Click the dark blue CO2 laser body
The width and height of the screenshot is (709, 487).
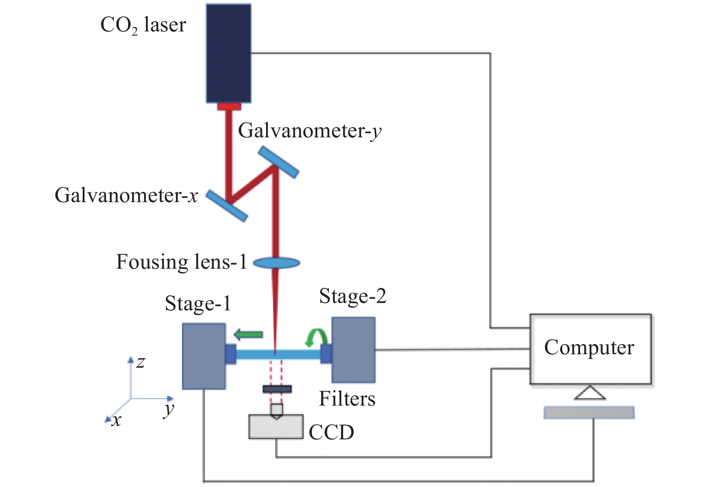pyautogui.click(x=229, y=53)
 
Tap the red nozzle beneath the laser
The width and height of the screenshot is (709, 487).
pyautogui.click(x=229, y=107)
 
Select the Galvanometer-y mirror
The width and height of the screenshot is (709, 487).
pyautogui.click(x=279, y=162)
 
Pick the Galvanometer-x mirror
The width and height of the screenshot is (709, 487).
pyautogui.click(x=226, y=205)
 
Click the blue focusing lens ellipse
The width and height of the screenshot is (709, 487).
pyautogui.click(x=276, y=263)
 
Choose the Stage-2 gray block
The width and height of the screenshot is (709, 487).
pyautogui.click(x=353, y=350)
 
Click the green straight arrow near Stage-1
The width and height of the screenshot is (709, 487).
pyautogui.click(x=248, y=334)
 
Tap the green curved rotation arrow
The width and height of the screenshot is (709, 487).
pyautogui.click(x=316, y=337)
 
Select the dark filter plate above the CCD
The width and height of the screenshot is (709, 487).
pyautogui.click(x=277, y=389)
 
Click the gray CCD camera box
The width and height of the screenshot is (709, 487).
pyautogui.click(x=276, y=427)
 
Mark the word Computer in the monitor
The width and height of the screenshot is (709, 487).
pyautogui.click(x=589, y=347)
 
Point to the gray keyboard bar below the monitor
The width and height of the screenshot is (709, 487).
pyautogui.click(x=589, y=413)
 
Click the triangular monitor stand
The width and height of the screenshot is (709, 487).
pyautogui.click(x=590, y=393)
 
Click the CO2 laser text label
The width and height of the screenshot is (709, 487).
pyautogui.click(x=143, y=25)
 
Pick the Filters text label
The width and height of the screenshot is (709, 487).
pyautogui.click(x=347, y=399)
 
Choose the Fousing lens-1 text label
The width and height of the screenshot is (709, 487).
pyautogui.click(x=181, y=262)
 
